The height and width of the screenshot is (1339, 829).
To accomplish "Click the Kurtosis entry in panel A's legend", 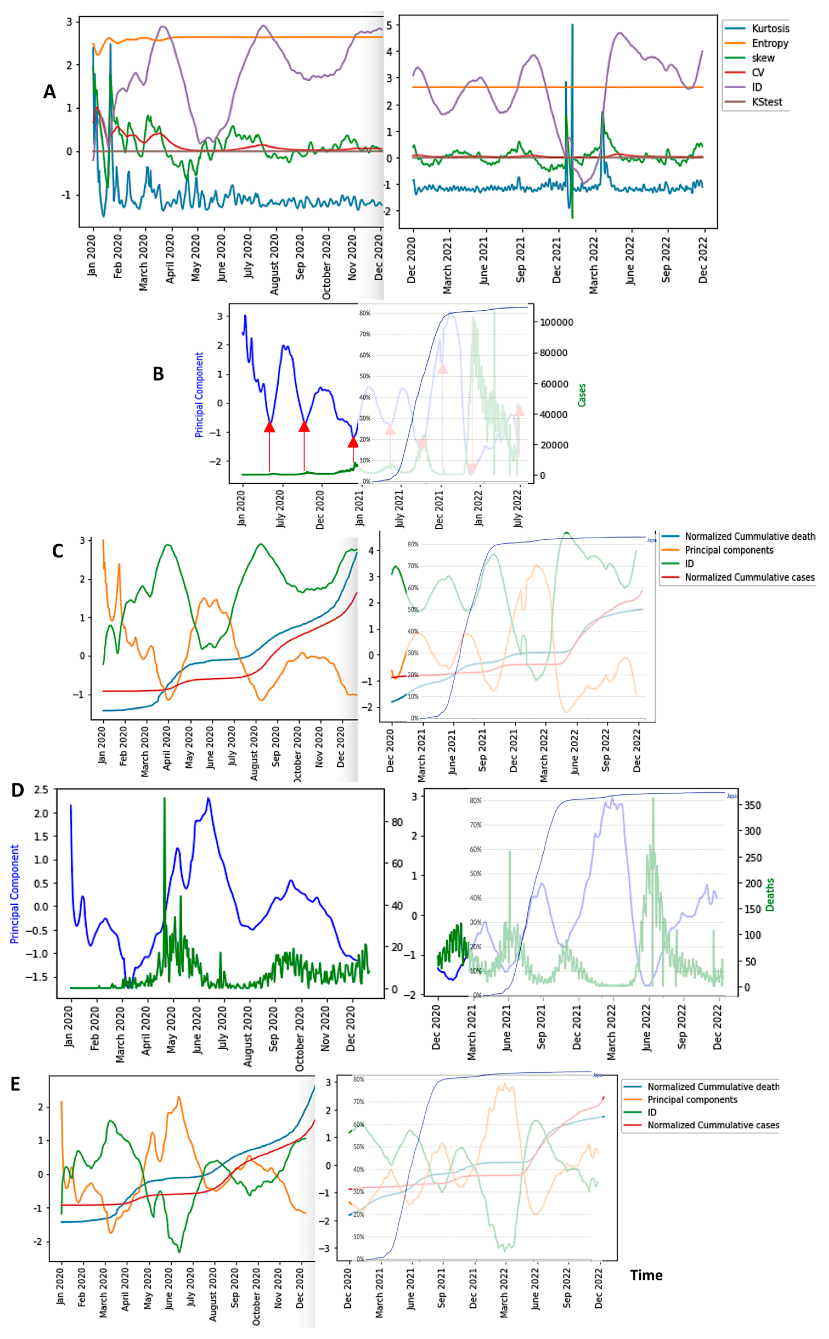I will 770,29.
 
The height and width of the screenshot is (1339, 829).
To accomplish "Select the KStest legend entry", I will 766,102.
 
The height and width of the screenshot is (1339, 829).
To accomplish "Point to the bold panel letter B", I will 158,374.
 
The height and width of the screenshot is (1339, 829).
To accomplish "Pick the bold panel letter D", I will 18,790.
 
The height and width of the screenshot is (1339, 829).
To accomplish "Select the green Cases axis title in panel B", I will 582,395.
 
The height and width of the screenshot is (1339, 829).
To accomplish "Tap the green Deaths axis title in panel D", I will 770,894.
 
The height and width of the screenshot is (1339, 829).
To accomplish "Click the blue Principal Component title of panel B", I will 199,395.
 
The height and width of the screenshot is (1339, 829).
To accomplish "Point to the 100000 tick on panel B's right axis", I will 557,322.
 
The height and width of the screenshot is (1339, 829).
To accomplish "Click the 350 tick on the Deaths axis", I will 752,805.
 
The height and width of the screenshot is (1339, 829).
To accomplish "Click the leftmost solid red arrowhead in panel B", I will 269,426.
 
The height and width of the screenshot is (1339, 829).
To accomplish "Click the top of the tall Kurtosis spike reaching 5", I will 573,25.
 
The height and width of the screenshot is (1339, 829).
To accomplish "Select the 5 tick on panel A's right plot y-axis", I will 389,25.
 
